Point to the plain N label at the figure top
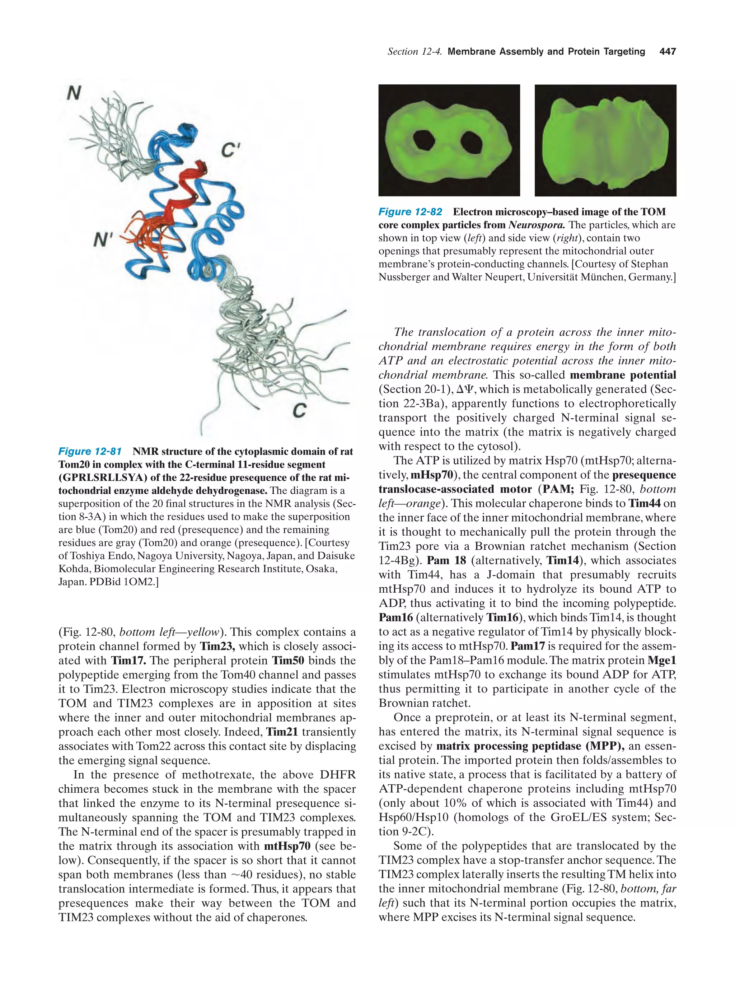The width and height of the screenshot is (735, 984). point(74,93)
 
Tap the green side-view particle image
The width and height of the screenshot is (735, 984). point(605,141)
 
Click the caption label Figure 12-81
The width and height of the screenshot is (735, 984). point(90,452)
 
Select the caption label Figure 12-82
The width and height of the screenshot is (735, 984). point(410,212)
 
